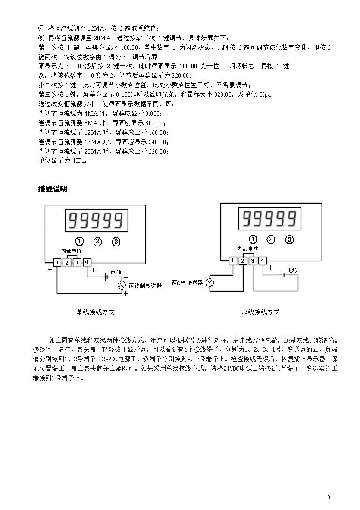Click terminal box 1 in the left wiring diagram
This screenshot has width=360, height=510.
click(57, 262)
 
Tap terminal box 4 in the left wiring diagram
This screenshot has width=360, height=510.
click(87, 262)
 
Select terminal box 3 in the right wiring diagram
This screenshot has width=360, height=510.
click(253, 261)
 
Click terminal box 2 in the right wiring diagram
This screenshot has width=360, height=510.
click(243, 261)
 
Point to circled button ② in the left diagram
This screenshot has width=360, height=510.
click(97, 242)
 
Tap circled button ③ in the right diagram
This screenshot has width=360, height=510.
click(289, 240)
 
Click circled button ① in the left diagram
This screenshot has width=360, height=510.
click(79, 242)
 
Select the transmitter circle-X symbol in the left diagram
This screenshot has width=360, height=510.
click(122, 286)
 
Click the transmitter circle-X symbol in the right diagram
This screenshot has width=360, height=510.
click(210, 283)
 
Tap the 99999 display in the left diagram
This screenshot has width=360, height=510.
click(97, 220)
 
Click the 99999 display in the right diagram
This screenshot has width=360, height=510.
click(269, 218)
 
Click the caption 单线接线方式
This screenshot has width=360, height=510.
click(96, 312)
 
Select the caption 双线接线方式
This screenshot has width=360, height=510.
click(260, 312)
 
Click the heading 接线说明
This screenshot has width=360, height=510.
click(53, 189)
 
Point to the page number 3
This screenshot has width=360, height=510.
click(329, 497)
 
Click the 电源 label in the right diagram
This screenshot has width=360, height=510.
click(292, 270)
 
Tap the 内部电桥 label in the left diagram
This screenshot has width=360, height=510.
click(72, 251)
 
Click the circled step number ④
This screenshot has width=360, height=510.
click(41, 28)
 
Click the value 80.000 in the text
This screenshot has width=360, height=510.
click(153, 123)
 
